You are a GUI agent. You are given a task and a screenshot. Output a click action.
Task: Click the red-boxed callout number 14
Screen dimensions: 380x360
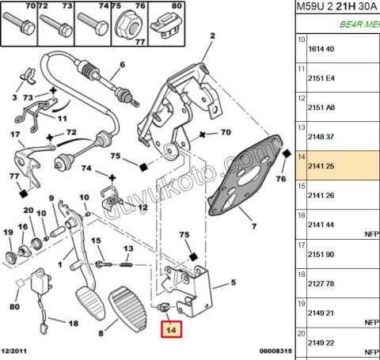point(171,329)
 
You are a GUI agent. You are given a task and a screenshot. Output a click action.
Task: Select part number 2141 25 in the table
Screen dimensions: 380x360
point(321,166)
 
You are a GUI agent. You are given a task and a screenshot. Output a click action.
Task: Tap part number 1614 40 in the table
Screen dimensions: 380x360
point(321,49)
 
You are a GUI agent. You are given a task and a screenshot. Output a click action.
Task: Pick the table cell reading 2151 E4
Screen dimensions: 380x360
point(321,78)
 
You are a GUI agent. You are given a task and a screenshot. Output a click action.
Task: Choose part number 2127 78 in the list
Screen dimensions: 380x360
point(321,284)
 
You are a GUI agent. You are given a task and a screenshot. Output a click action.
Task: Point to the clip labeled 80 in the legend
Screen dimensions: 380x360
point(166,25)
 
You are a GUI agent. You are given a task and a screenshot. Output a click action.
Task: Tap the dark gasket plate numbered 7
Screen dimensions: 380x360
point(245,175)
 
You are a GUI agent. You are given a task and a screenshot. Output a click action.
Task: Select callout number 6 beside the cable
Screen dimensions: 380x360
point(122,65)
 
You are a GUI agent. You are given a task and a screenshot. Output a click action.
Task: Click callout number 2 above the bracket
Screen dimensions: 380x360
point(213,36)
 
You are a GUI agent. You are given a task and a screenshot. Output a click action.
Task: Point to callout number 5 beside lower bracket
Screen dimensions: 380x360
point(234,282)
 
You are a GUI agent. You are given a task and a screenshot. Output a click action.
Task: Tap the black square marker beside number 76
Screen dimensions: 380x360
point(287,153)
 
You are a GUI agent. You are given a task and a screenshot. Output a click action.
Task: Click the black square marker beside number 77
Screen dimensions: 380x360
point(24,194)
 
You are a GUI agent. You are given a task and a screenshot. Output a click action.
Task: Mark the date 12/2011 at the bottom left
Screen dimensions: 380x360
point(14,351)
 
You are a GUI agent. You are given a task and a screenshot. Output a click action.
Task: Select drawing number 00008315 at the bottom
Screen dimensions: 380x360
point(275,351)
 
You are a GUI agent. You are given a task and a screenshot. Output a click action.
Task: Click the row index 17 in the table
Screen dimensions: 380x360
point(302,245)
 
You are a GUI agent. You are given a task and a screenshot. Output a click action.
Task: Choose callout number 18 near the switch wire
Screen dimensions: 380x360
point(74,323)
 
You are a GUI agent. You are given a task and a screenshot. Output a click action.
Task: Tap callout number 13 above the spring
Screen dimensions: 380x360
point(128,248)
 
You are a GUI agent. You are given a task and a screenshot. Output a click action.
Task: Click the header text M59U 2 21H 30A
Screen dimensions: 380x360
point(336,6)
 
